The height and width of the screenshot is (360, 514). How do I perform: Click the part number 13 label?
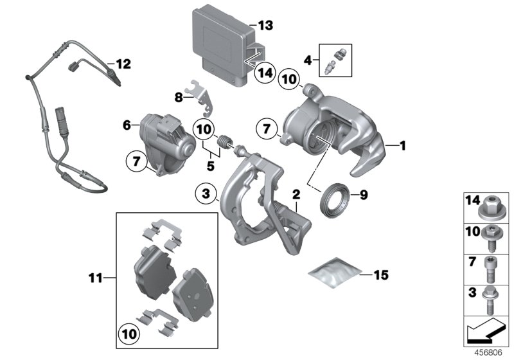click(265, 26)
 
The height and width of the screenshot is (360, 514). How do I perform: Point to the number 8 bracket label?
click(179, 97)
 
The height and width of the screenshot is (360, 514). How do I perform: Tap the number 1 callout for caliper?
click(403, 146)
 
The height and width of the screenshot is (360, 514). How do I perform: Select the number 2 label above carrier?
click(296, 194)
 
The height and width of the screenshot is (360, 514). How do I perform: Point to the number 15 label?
click(381, 276)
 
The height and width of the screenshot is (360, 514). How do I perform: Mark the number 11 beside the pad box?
click(96, 278)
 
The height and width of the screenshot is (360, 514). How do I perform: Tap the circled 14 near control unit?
click(262, 74)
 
